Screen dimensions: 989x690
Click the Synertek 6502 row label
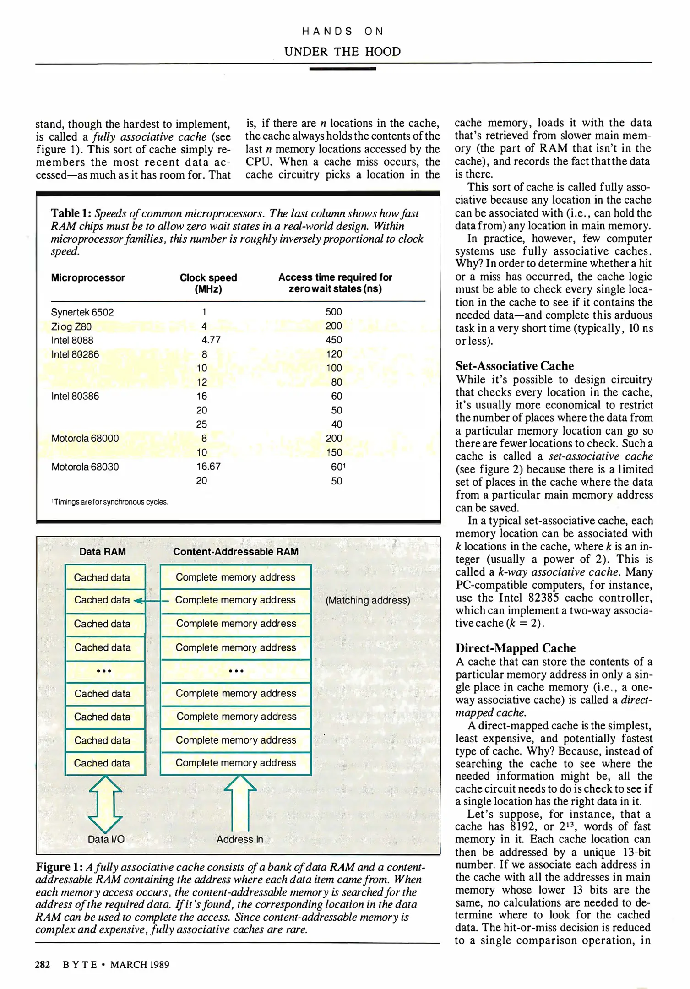tap(82, 312)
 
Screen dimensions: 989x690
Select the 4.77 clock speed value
tap(211, 340)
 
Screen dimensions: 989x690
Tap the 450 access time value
tap(333, 340)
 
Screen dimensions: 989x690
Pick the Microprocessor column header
tap(88, 278)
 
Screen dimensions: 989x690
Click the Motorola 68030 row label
tap(85, 467)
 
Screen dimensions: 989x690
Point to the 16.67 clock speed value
tap(208, 467)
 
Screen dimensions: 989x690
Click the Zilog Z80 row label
tap(71, 326)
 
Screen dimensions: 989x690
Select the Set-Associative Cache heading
tap(514, 366)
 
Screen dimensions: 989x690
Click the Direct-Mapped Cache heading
tap(515, 648)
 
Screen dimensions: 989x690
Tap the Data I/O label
tap(106, 839)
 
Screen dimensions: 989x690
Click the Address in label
tap(239, 839)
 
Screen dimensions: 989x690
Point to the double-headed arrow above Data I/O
tap(105, 804)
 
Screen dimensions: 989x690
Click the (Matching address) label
tap(368, 600)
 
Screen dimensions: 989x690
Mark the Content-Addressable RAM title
tap(235, 552)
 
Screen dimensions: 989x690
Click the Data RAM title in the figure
tap(103, 552)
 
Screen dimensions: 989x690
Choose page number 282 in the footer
tap(43, 965)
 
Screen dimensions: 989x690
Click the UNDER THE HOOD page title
tap(342, 52)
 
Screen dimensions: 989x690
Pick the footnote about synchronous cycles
tap(110, 502)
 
